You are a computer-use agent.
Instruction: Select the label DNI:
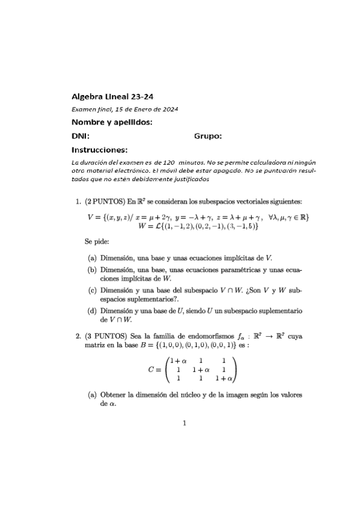(81, 136)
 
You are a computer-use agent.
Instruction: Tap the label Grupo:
(208, 136)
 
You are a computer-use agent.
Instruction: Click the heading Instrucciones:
(100, 150)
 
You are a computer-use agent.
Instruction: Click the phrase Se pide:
(97, 242)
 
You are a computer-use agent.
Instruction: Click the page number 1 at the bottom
(185, 423)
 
